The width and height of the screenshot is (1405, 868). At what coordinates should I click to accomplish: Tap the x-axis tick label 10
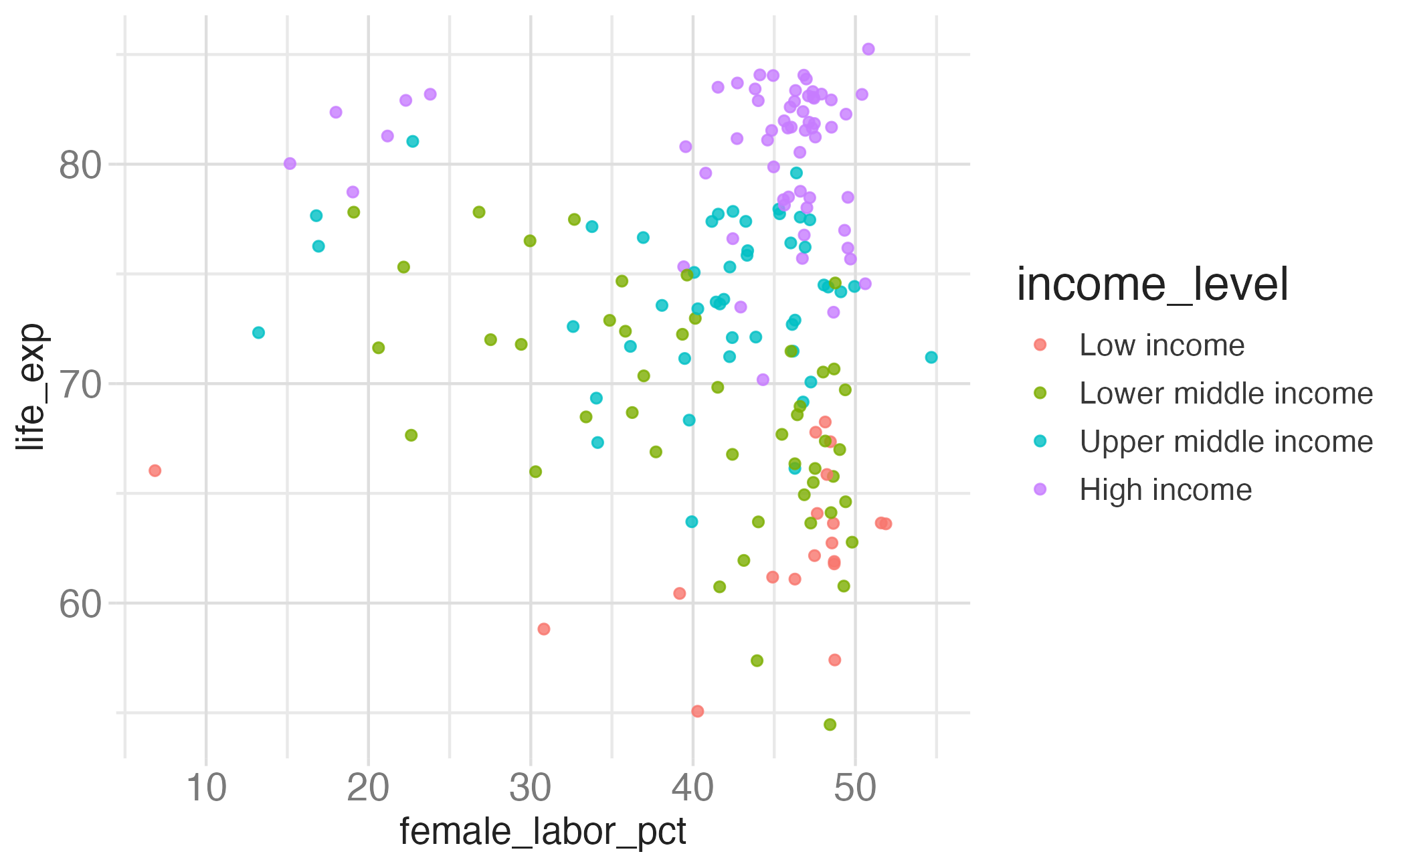(206, 788)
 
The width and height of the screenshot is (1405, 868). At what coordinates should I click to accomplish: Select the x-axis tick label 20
(368, 788)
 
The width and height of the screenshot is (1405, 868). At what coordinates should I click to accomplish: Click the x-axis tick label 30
(530, 788)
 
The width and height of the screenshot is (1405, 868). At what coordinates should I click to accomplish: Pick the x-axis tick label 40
(692, 788)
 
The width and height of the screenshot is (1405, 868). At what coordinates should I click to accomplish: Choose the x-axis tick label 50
(855, 788)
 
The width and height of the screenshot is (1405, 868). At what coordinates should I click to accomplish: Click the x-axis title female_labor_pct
(543, 832)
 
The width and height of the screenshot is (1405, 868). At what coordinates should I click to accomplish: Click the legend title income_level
(1152, 285)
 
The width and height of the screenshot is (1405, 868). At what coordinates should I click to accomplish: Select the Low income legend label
(1162, 345)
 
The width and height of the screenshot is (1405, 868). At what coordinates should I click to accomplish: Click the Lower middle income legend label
(1226, 394)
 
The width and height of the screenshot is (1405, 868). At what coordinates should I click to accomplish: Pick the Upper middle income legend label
(1226, 442)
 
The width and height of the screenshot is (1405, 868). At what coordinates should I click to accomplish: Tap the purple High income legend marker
(1040, 489)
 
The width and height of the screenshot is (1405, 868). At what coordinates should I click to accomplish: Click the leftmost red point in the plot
(155, 470)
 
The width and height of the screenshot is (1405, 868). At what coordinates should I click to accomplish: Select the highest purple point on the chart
(868, 49)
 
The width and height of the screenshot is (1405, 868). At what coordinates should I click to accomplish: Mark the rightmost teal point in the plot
(931, 357)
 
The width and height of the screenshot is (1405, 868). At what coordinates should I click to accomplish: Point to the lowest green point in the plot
(830, 724)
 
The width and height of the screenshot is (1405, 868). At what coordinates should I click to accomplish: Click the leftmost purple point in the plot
(290, 163)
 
